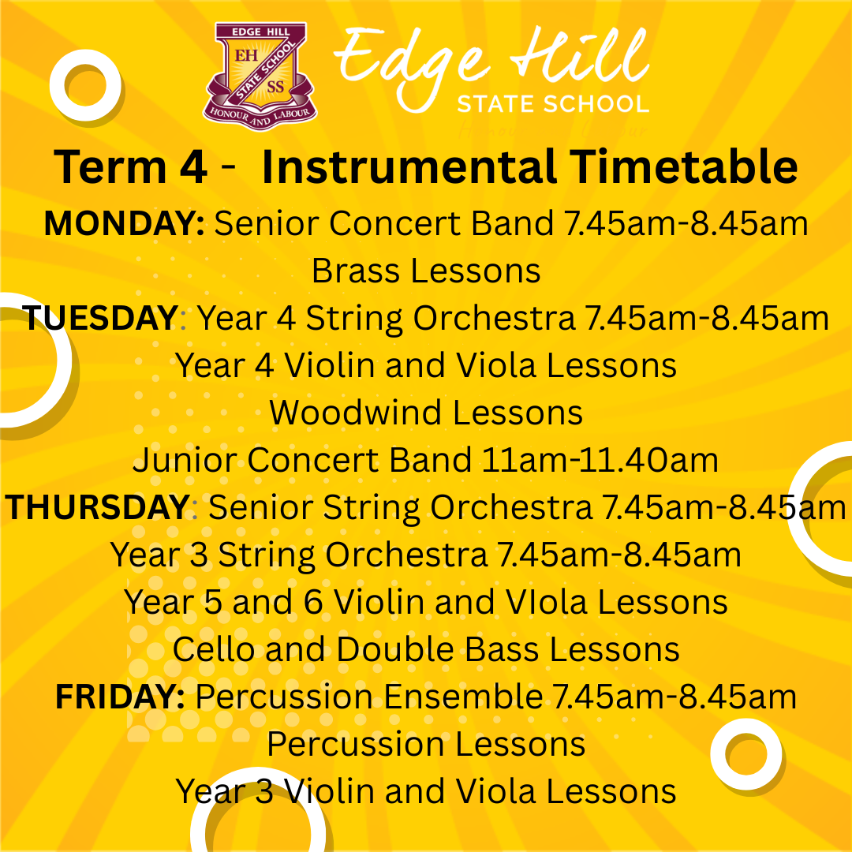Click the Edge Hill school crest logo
point(260,76)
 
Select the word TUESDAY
point(100,318)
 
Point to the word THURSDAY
point(98,507)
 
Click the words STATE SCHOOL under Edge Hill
point(553,104)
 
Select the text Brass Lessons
point(426,271)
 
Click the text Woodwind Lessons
point(426,413)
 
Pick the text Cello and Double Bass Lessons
point(426,648)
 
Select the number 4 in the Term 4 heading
point(193,166)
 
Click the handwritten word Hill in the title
point(577,57)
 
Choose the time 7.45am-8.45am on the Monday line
point(686,223)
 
